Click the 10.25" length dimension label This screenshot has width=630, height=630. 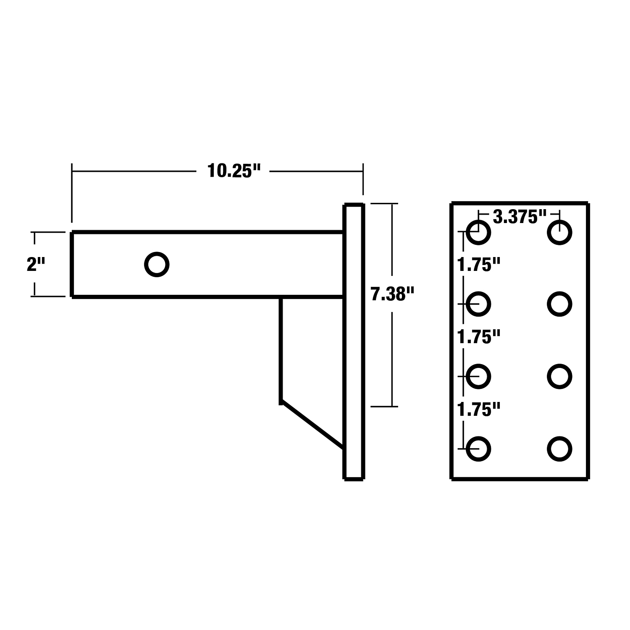pyautogui.click(x=234, y=171)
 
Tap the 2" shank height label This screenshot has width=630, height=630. pyautogui.click(x=36, y=264)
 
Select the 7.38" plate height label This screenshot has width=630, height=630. pyautogui.click(x=392, y=294)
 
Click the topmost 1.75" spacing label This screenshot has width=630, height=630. pyautogui.click(x=478, y=265)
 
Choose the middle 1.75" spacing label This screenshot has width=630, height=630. pyautogui.click(x=478, y=337)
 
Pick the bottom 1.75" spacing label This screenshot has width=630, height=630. pyautogui.click(x=478, y=409)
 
